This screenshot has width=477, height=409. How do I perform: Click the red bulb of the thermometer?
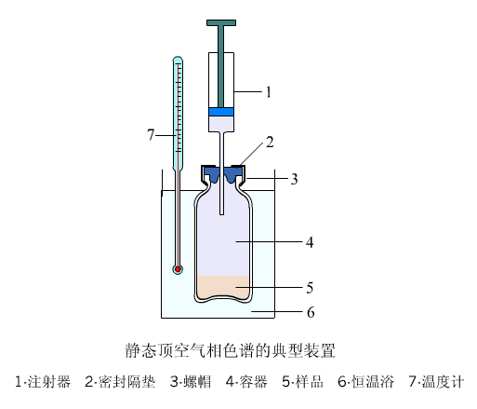coord(178,269)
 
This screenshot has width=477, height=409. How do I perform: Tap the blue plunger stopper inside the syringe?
coord(221,112)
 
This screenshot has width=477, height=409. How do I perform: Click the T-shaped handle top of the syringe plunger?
coord(221,22)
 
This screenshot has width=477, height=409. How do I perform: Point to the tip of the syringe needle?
coord(221,214)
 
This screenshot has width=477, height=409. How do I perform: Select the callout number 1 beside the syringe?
coord(269,92)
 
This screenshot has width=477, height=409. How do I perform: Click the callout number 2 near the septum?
coord(270,143)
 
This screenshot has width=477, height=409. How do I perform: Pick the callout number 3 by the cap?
coord(294,179)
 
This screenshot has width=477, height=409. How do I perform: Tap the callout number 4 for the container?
coord(310,242)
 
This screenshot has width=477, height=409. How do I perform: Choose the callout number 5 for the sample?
coord(310,288)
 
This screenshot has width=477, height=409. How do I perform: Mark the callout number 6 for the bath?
coord(311,312)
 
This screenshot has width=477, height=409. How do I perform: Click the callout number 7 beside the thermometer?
coord(151,135)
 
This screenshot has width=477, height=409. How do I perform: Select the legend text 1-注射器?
coord(43,382)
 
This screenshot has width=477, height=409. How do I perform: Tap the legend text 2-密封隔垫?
coord(120,382)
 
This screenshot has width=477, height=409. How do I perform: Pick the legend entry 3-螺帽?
coord(191,382)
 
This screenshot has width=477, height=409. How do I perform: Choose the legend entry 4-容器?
coord(246,382)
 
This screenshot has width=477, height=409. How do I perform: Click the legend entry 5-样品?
coord(303,382)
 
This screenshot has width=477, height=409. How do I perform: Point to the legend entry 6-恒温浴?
coord(366,382)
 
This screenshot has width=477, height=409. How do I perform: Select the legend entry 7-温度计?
coord(437,382)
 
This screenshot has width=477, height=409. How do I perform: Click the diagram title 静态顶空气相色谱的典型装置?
coord(231,350)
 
